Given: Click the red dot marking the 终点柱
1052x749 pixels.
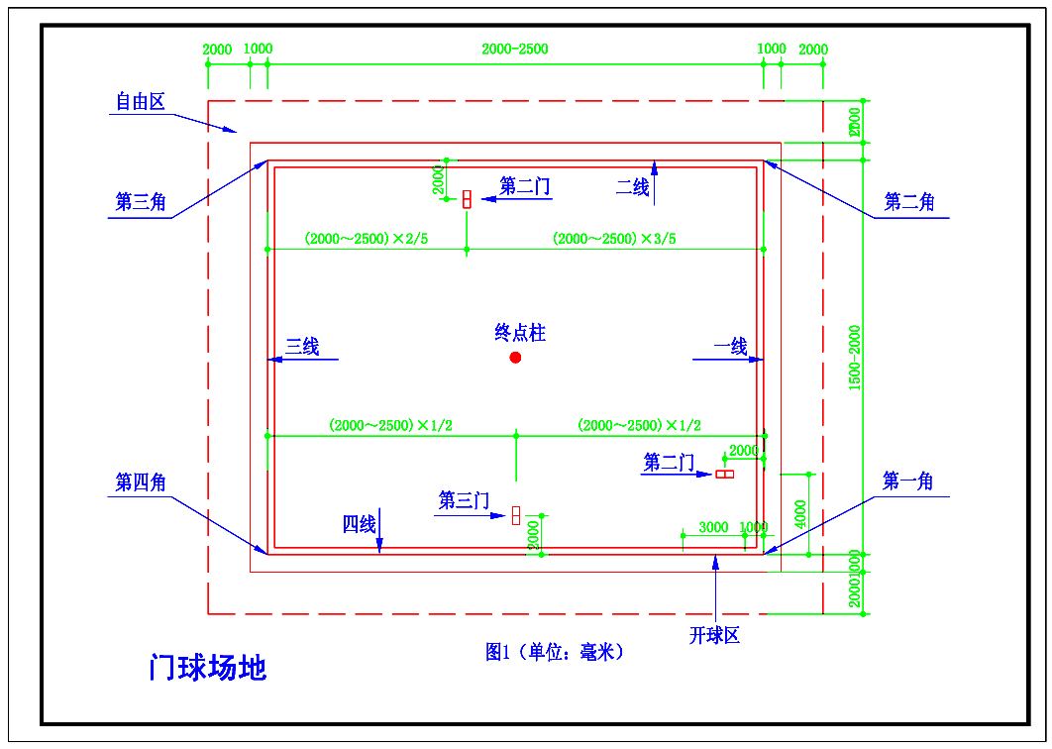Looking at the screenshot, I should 515,358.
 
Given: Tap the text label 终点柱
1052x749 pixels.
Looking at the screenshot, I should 521,333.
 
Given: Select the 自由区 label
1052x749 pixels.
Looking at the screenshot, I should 140,101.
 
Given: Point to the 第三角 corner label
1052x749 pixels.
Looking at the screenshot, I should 140,202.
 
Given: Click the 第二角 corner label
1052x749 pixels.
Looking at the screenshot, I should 908,202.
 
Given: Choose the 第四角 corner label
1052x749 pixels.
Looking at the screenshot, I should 140,482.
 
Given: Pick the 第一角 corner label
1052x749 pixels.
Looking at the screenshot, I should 907,481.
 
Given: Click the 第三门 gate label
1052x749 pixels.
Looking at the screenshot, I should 464,501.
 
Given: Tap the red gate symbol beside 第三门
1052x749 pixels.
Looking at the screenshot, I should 516,514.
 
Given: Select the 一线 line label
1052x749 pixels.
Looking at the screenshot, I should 731,346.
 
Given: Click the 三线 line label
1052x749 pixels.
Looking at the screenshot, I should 302,346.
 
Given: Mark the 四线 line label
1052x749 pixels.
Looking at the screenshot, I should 360,524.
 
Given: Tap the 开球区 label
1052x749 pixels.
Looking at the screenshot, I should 715,635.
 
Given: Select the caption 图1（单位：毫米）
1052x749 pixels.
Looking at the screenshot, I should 554,651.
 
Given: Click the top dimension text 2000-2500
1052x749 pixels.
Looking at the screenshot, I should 514,49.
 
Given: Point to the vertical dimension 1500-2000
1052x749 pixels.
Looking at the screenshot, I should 855,357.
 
